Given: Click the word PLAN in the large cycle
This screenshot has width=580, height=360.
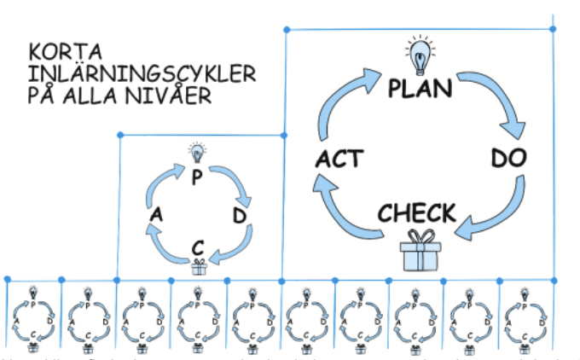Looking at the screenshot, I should pos(420,88).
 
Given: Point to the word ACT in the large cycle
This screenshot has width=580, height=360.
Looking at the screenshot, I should pos(339,159).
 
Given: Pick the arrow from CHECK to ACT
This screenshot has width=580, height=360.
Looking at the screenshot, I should pos(345,206).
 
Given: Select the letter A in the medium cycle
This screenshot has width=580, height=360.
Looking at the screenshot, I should pos(156,216).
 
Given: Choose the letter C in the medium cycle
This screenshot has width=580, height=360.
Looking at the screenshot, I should pos(198,247).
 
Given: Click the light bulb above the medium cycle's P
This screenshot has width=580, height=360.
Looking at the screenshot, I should pos(198,154).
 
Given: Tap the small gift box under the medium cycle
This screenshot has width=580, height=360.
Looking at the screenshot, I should pos(198,267).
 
